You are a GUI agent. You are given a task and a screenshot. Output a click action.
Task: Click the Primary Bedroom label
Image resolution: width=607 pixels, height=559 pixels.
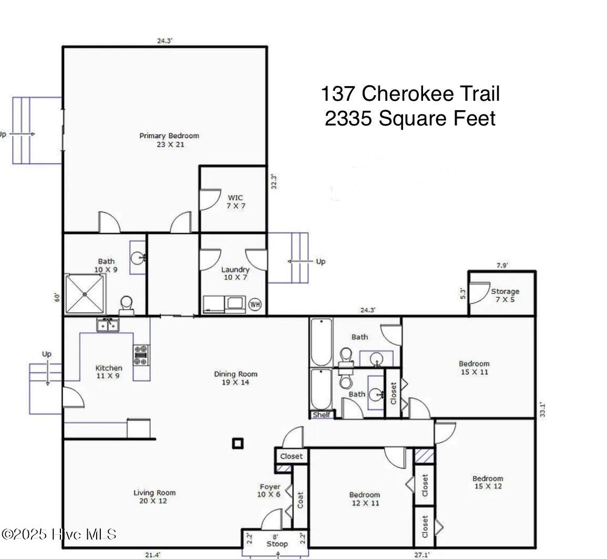[169, 140]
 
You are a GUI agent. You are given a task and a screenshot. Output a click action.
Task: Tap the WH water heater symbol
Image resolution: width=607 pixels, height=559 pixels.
[255, 304]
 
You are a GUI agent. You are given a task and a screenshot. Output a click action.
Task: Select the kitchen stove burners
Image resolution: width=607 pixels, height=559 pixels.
[140, 355]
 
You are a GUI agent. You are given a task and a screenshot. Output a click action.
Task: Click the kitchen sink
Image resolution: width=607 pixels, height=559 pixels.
[108, 325]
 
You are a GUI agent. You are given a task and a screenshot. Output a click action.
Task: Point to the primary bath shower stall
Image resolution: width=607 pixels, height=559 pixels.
[85, 294]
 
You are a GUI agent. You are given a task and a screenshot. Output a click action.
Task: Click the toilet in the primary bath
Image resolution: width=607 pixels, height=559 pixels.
[127, 305]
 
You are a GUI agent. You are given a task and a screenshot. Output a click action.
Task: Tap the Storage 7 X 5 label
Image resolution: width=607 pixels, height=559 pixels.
[505, 296]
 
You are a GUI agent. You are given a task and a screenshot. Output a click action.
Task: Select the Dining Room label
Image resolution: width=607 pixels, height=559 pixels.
[236, 378]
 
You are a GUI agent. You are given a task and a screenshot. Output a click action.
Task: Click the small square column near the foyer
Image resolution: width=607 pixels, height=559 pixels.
[238, 444]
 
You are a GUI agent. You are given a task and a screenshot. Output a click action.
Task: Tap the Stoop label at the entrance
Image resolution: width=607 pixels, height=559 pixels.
[277, 544]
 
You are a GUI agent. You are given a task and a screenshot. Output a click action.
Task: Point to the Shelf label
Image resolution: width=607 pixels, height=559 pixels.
[322, 415]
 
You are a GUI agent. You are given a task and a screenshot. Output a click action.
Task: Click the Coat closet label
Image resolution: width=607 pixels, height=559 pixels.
[300, 500]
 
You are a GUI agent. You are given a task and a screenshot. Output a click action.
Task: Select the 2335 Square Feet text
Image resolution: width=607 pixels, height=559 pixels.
[410, 118]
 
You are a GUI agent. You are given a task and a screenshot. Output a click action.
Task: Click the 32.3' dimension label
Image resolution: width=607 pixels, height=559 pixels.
[274, 181]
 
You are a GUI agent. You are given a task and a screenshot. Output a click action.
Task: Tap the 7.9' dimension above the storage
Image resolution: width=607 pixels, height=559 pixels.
[502, 266]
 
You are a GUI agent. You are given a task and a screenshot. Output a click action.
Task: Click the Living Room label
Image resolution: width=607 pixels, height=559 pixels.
[155, 497]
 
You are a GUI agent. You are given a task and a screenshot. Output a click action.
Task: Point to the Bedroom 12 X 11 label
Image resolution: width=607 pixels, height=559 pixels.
[365, 499]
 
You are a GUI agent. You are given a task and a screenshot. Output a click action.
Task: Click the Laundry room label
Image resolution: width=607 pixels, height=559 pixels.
[235, 273]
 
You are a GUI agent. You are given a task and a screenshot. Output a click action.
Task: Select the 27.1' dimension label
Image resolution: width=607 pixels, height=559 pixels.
[422, 555]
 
